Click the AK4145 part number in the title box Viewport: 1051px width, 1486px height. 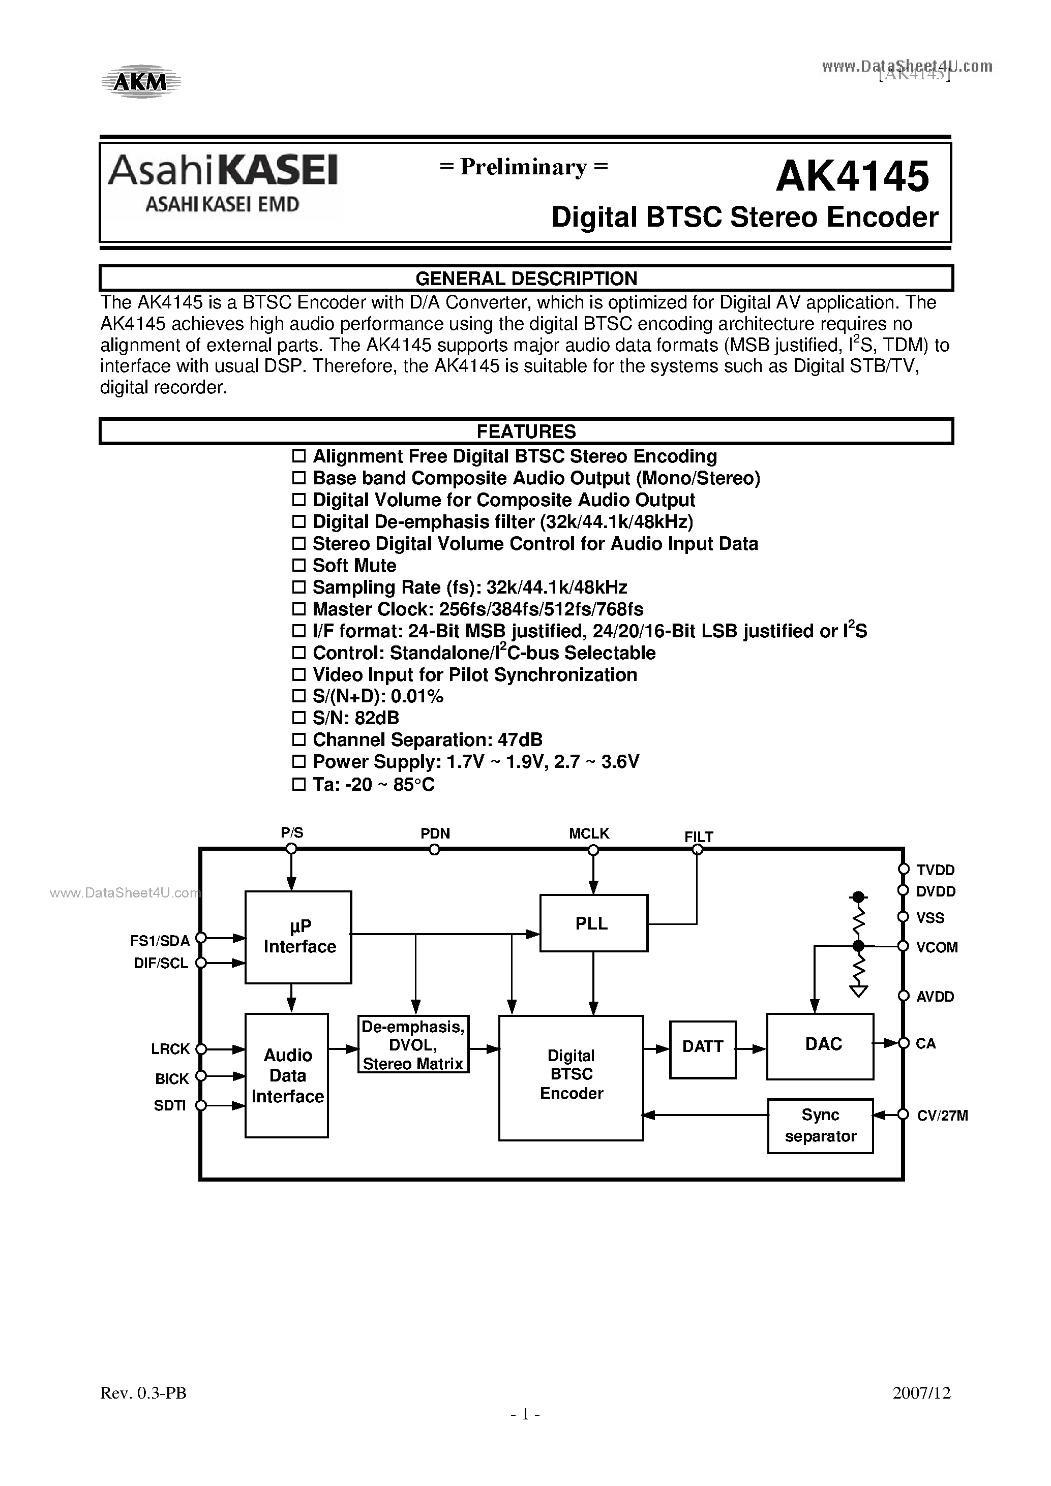click(x=852, y=176)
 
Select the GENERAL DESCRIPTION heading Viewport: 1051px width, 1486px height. click(x=526, y=278)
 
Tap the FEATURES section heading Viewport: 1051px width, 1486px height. click(x=526, y=431)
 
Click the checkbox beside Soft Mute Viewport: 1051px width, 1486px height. click(x=298, y=565)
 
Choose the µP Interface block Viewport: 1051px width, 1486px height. click(x=298, y=937)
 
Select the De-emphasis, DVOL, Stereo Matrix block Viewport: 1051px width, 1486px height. click(x=413, y=1044)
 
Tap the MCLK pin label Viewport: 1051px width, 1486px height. click(x=589, y=833)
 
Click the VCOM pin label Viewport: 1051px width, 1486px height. click(x=937, y=947)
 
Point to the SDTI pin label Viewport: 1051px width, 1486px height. click(x=170, y=1105)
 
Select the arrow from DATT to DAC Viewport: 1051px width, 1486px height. click(x=751, y=1048)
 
